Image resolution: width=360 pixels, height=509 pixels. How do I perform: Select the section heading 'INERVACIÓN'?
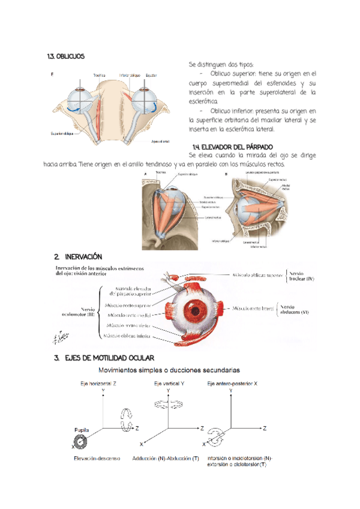point(80,256)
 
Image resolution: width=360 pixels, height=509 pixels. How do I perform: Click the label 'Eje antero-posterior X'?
point(231,382)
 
